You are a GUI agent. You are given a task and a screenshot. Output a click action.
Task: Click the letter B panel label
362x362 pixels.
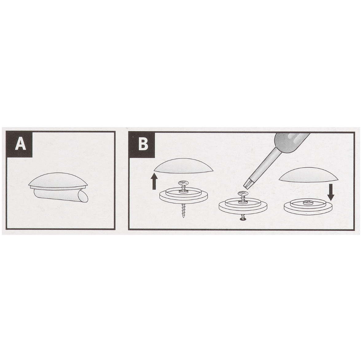[x=143, y=144]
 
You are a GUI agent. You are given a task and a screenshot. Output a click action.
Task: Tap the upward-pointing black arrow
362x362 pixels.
[x=154, y=181]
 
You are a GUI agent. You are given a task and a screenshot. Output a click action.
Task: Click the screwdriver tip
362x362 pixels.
[x=247, y=184]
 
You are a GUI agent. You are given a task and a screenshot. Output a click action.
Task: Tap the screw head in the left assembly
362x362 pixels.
[x=184, y=183]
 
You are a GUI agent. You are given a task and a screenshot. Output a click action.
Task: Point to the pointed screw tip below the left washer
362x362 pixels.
[x=183, y=216]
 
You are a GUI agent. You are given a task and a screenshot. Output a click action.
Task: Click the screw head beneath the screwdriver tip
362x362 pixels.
[x=243, y=193]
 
